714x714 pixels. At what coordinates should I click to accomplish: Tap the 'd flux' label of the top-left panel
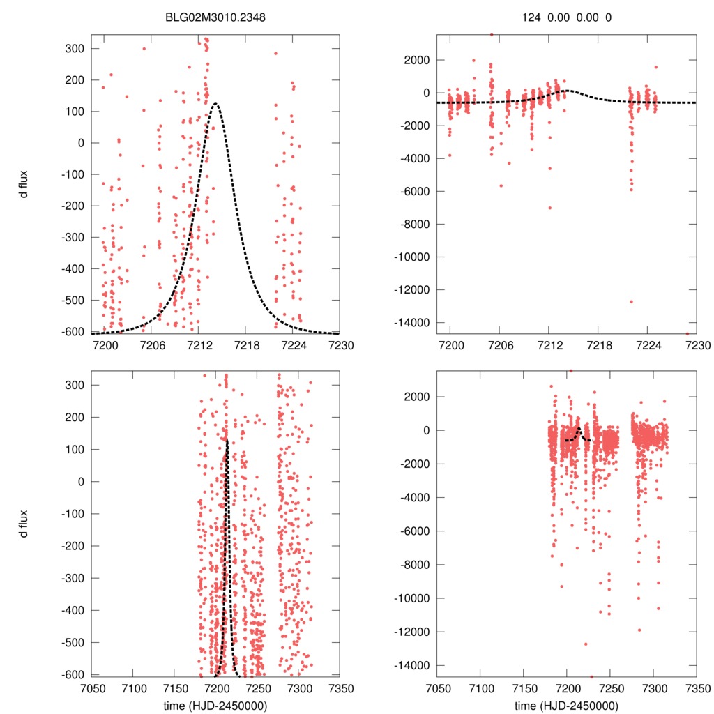[25, 185]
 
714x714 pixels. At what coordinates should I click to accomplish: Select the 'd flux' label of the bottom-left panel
[25, 521]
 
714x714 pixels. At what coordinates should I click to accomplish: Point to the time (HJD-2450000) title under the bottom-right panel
[567, 705]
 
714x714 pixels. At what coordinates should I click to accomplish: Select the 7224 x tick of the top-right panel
[648, 344]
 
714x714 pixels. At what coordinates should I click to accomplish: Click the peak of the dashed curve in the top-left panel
[215, 104]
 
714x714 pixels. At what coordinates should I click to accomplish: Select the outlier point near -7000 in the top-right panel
[549, 208]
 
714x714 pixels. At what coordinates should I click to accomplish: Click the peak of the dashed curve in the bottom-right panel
[578, 427]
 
